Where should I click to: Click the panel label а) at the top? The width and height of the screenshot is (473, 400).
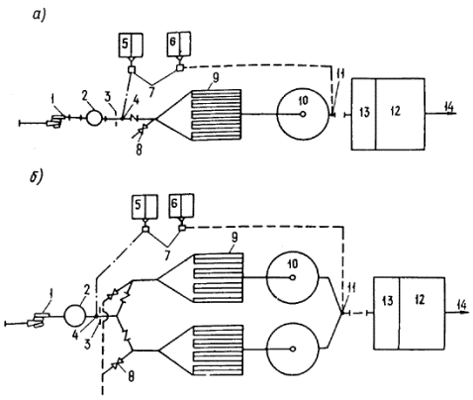tap(39, 16)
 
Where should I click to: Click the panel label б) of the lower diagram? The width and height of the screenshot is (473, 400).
tap(36, 177)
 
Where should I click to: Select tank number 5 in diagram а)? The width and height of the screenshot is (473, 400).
tap(131, 45)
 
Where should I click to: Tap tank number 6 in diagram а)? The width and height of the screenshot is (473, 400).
tap(179, 44)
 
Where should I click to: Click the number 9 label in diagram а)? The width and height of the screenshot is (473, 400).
tap(216, 78)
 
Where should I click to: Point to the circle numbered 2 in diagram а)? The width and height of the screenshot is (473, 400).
tap(95, 118)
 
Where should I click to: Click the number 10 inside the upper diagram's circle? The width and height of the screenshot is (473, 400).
tap(303, 101)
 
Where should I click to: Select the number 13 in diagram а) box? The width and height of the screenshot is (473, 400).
tap(364, 113)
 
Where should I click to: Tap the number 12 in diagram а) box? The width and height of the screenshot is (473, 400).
tap(395, 111)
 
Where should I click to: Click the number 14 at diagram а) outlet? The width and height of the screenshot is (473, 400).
tap(448, 107)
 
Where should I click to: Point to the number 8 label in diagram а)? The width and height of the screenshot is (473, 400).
tap(139, 150)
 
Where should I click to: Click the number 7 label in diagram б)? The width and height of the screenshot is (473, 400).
tap(167, 255)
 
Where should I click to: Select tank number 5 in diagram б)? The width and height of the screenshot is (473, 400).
tap(144, 207)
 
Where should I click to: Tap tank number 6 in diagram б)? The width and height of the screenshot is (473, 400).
tap(181, 206)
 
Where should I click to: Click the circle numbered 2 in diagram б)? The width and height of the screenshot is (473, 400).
tap(74, 316)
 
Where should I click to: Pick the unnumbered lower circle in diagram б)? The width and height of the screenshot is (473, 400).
tap(293, 349)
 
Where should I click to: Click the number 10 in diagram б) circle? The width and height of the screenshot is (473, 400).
tap(293, 263)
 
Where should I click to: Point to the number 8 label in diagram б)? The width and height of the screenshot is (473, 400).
tap(131, 377)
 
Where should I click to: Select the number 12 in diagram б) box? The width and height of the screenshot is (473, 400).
tap(420, 299)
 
